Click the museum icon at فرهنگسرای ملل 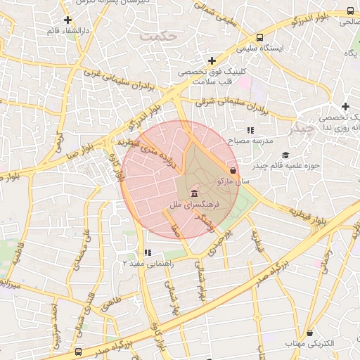(194, 193)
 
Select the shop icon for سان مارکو (233, 170)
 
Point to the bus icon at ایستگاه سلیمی (260, 38)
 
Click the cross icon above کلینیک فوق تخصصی (212, 61)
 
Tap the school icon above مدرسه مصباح (250, 130)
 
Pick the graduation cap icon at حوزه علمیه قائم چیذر (285, 155)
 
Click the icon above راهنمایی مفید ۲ (147, 252)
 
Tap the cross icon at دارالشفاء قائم (67, 20)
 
